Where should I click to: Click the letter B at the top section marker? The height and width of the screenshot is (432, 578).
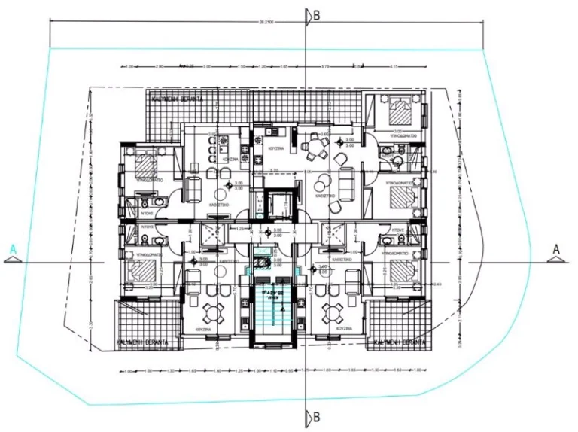pyautogui.click(x=317, y=14)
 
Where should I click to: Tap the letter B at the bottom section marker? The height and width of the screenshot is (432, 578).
pyautogui.click(x=317, y=416)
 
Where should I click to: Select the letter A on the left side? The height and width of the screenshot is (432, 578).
pyautogui.click(x=13, y=248)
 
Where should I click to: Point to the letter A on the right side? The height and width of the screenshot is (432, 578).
pyautogui.click(x=556, y=248)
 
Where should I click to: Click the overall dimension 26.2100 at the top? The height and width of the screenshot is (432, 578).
pyautogui.click(x=266, y=22)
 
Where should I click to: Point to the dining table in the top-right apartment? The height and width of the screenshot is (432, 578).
pyautogui.click(x=310, y=146)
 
